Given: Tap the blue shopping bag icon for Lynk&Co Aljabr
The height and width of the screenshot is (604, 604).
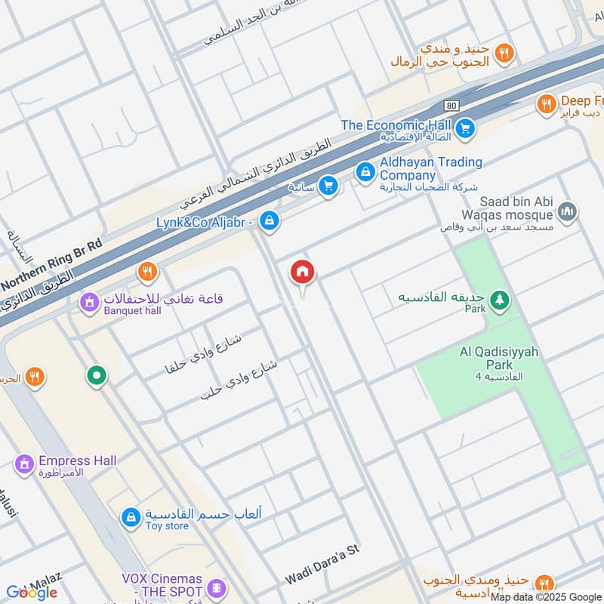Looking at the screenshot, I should [x=268, y=221].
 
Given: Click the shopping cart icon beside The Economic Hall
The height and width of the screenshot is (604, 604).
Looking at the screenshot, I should [x=466, y=128].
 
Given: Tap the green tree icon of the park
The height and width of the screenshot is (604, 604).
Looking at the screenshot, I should [x=498, y=300].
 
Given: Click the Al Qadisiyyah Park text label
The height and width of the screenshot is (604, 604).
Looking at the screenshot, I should [x=497, y=359].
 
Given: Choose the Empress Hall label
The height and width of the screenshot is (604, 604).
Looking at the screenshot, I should [x=77, y=461].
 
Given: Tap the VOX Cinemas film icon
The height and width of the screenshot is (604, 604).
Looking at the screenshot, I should [x=217, y=587].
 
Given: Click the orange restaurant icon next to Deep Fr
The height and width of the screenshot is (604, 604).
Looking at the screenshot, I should [x=546, y=104].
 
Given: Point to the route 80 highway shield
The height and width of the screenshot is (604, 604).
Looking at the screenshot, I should [x=451, y=105].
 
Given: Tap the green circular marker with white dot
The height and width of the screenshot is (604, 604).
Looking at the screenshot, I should [x=96, y=374].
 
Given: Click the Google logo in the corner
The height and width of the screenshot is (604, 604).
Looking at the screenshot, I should [x=32, y=592].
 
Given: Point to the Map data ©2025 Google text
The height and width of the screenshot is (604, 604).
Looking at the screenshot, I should [x=545, y=596].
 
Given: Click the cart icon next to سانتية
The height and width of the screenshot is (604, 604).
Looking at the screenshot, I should [x=328, y=185].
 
